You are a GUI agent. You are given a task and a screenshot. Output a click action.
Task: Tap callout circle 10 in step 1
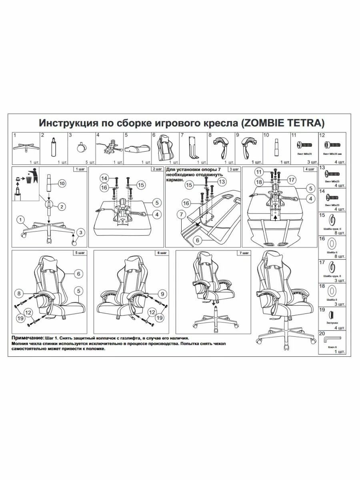[x=62, y=184]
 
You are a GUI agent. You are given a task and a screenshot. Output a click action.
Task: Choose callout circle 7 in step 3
[x=182, y=215]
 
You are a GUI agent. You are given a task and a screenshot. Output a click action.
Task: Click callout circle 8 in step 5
[x=18, y=293]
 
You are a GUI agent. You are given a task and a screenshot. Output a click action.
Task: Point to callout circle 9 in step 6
[x=162, y=293]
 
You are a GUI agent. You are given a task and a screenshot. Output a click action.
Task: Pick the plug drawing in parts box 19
[x=331, y=314]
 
